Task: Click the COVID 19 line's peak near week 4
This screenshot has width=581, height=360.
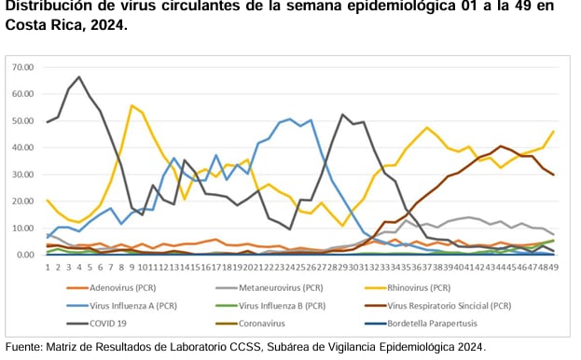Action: point(79,77)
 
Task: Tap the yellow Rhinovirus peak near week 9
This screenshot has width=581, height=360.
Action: point(132,105)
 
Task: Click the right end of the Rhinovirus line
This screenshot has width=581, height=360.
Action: point(553,132)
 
